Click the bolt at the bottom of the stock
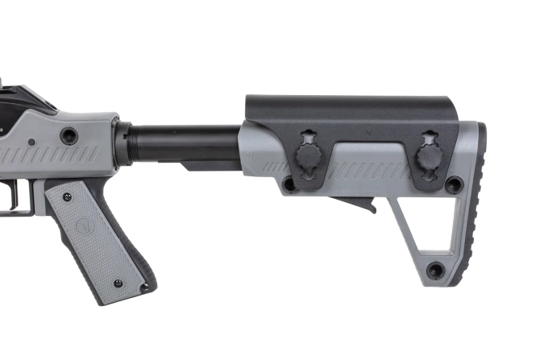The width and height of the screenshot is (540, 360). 435,270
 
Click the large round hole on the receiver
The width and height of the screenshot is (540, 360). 69,135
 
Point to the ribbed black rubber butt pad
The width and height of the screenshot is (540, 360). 476,201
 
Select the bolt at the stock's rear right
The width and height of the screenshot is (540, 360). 455,184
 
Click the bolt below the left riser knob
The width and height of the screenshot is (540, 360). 289,184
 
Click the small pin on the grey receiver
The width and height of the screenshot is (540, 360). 31,143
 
